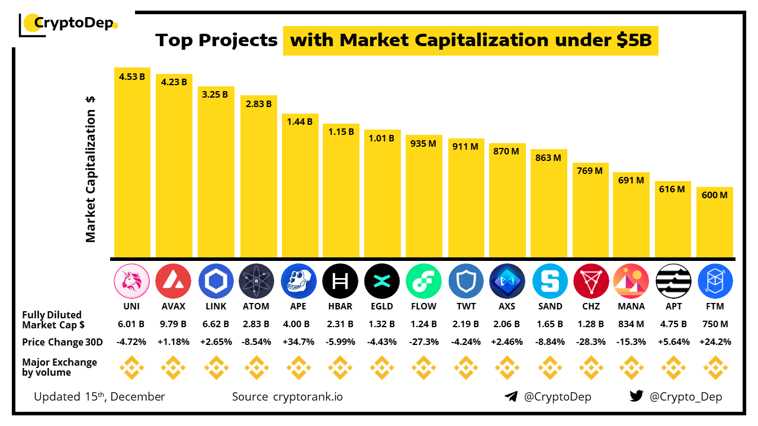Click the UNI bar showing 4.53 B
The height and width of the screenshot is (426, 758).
[132, 163]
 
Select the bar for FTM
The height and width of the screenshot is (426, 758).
[715, 222]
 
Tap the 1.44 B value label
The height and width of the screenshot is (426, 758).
[300, 122]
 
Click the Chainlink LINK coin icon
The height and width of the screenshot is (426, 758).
[216, 280]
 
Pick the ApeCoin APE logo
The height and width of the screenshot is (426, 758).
[299, 280]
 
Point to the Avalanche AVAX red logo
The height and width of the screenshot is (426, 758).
[174, 280]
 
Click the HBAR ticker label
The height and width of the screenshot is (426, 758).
[340, 306]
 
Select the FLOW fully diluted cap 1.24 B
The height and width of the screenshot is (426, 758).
[423, 324]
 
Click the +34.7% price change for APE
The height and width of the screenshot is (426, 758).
[299, 342]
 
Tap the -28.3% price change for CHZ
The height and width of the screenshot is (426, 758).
[590, 342]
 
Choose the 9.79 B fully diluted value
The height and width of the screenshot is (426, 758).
[174, 324]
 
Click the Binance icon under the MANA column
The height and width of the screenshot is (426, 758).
[632, 369]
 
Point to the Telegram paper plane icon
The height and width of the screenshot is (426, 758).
[511, 396]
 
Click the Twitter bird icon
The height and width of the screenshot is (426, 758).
[637, 396]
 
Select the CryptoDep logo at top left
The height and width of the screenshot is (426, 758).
[69, 24]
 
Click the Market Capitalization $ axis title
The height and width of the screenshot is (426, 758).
[91, 169]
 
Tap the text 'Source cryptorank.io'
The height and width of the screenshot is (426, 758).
[287, 396]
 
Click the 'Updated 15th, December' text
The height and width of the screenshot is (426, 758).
[99, 396]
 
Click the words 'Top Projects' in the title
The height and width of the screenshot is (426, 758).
[217, 40]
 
